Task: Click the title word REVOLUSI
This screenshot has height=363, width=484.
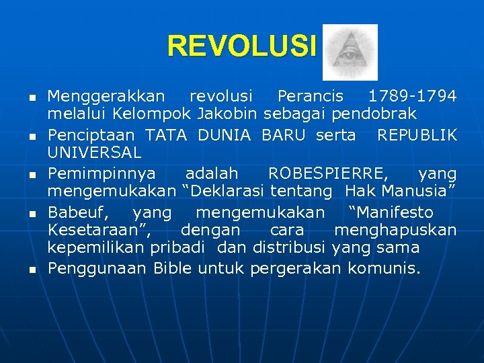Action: point(241,46)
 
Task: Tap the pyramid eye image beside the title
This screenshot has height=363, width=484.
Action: point(350,52)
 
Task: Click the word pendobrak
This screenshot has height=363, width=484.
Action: point(382,114)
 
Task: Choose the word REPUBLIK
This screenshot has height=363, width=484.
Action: point(417,135)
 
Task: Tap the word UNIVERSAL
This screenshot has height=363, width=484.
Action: point(94,153)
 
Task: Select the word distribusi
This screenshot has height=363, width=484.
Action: point(290,247)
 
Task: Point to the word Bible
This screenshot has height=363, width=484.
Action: point(172,269)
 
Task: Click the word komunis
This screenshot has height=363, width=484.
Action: point(384,269)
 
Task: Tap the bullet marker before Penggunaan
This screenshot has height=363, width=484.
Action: point(31,270)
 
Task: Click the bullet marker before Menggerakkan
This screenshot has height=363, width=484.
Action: point(31,98)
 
